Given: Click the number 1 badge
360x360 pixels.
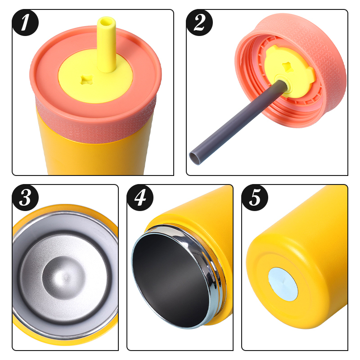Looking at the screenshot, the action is point(25,22).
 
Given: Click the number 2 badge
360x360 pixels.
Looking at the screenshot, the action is point(199,22).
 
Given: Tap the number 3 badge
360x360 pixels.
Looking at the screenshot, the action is point(25,198).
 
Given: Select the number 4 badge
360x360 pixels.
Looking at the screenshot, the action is point(140,198).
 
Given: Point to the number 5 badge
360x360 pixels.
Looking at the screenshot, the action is point(255,198).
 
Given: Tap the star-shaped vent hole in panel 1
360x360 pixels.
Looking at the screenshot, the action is point(87,80).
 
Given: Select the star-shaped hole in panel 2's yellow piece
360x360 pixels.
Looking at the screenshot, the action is point(288,67).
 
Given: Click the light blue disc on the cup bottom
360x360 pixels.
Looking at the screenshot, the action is point(283,284).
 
